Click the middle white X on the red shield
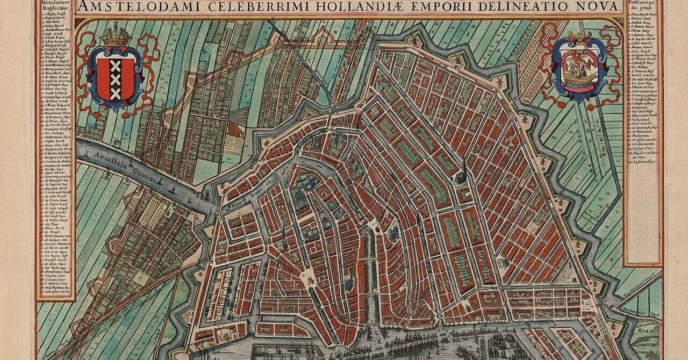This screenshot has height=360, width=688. (116, 80)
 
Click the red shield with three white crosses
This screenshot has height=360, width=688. (116, 80)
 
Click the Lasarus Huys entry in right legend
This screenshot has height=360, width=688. (645, 161)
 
